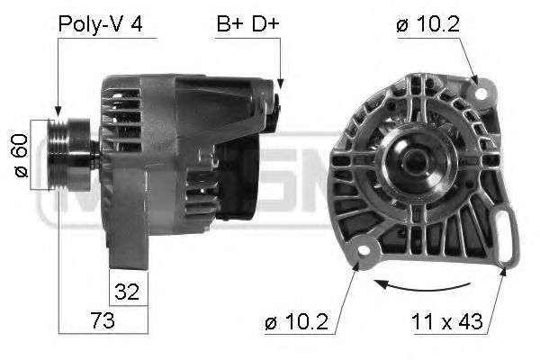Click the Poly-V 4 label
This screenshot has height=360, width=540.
99,24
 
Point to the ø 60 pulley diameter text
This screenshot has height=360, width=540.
21,154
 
